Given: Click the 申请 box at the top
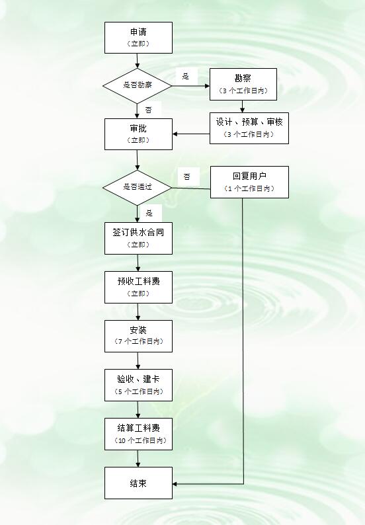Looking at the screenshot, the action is pyautogui.click(x=138, y=38).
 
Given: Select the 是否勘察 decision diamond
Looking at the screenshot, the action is pyautogui.click(x=138, y=86).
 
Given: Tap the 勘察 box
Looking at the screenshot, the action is pyautogui.click(x=243, y=85).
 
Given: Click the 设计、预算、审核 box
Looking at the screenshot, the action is pyautogui.click(x=249, y=128).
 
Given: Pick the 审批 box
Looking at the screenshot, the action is pyautogui.click(x=138, y=134).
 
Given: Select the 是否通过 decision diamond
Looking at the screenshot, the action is pyautogui.click(x=138, y=188).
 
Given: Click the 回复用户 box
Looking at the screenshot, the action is pyautogui.click(x=249, y=182).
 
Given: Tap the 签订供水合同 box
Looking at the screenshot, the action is pyautogui.click(x=138, y=238).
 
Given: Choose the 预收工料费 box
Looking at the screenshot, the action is pyautogui.click(x=138, y=287).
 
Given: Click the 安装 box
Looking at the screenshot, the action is pyautogui.click(x=138, y=336).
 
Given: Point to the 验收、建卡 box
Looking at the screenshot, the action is pyautogui.click(x=138, y=385).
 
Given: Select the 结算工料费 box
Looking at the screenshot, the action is pyautogui.click(x=138, y=434).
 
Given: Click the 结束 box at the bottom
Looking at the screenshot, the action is pyautogui.click(x=138, y=483).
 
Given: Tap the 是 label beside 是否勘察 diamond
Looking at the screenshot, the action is pyautogui.click(x=186, y=76).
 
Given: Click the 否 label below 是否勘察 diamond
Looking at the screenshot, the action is pyautogui.click(x=148, y=110).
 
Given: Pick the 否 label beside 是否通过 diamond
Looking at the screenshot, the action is pyautogui.click(x=187, y=177).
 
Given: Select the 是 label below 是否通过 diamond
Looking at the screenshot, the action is pyautogui.click(x=149, y=213).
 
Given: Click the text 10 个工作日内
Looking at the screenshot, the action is pyautogui.click(x=141, y=440).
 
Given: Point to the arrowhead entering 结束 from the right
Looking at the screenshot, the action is pyautogui.click(x=175, y=484).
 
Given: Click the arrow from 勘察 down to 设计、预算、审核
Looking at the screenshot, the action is pyautogui.click(x=243, y=106).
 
